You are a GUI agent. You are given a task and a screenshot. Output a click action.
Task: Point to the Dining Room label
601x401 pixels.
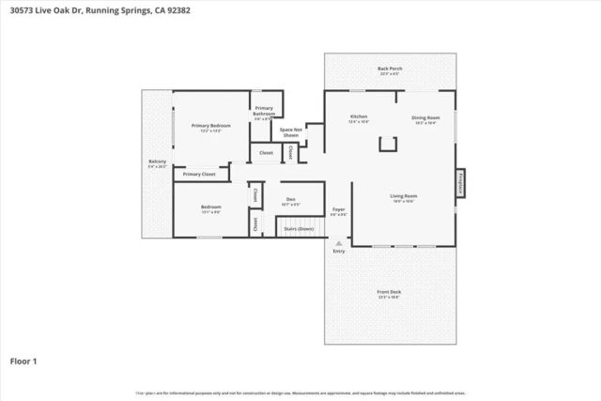coord(424,120)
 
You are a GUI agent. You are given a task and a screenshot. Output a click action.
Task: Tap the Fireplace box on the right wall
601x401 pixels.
coord(461,182)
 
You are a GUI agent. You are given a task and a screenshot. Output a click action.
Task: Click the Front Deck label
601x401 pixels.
coord(390,294)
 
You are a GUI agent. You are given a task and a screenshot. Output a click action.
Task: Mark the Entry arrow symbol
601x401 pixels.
coord(339,241)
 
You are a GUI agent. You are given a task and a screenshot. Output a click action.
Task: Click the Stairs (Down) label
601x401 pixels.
coord(300,228)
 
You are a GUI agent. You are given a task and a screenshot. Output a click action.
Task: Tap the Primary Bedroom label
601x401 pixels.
coord(211,128)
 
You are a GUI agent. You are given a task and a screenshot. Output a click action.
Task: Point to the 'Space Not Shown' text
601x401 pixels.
coord(291,131)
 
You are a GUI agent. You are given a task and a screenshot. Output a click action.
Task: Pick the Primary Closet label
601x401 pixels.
coord(199,175)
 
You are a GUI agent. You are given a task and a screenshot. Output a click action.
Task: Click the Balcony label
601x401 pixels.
coord(157,164)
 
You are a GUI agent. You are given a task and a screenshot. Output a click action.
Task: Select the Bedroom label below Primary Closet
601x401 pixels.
coord(210,208)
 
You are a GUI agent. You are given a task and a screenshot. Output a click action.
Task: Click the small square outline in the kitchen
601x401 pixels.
coord(385,144)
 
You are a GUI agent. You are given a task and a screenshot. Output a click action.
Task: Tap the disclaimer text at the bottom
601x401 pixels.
coord(300,393)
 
